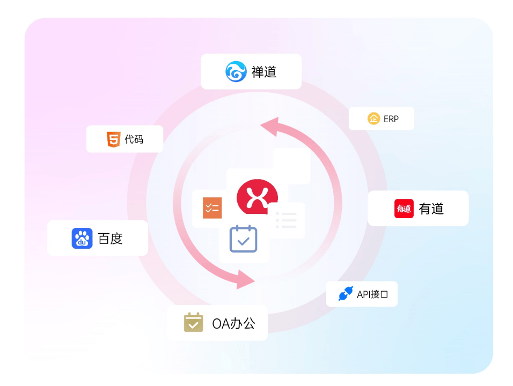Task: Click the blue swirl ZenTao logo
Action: [236, 72]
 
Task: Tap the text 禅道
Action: [264, 72]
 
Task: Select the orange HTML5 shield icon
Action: [114, 139]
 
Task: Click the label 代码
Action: [134, 139]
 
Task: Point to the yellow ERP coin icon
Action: [373, 118]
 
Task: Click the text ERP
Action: [391, 119]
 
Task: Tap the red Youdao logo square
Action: [404, 209]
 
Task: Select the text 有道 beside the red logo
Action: [431, 209]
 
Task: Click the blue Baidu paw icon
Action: [82, 238]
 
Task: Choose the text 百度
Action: [110, 239]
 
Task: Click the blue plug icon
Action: [346, 293]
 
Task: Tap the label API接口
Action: [372, 294]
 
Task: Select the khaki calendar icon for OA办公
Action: [193, 322]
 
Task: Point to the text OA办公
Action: [233, 324]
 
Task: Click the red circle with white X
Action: [257, 196]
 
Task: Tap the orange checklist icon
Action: [212, 208]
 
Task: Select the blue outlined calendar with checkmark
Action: [244, 239]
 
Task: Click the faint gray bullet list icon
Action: [286, 220]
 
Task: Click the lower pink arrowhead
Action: [245, 279]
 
